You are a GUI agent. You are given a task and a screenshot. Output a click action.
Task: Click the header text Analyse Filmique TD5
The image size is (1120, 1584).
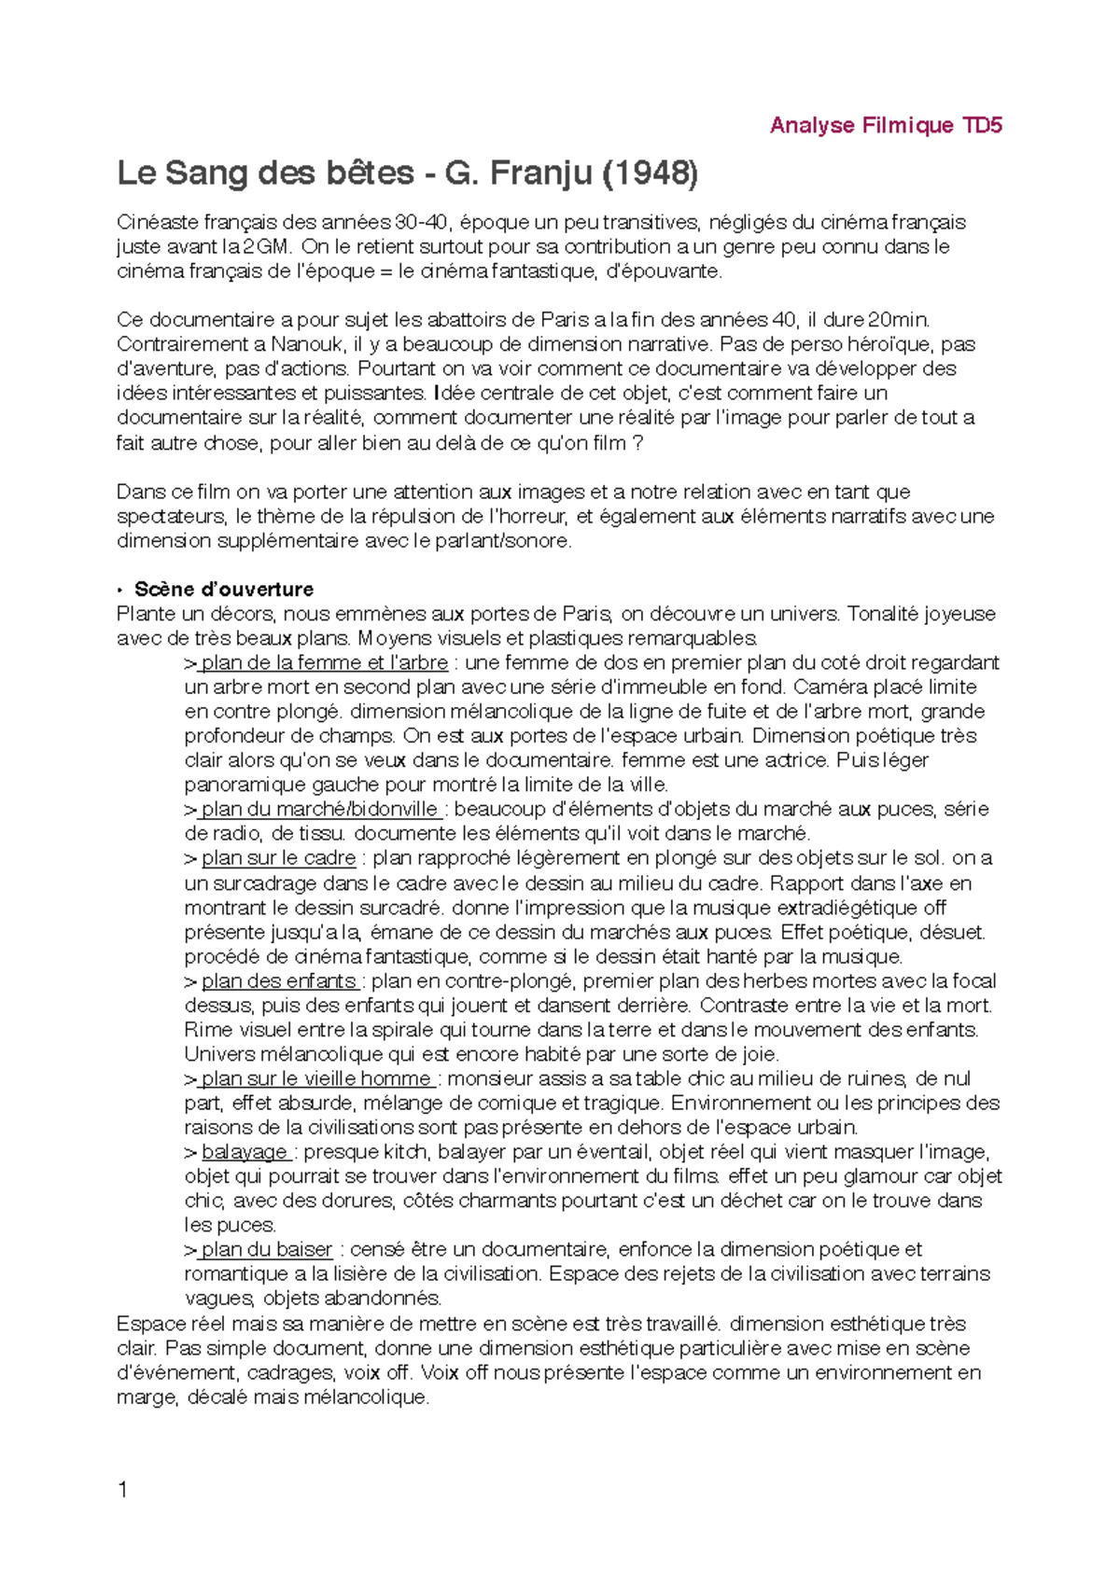pyautogui.click(x=885, y=125)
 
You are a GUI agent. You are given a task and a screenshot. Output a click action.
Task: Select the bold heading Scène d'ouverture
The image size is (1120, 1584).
pyautogui.click(x=224, y=589)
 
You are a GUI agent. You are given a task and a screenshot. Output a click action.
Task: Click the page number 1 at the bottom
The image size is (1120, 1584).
pyautogui.click(x=123, y=1490)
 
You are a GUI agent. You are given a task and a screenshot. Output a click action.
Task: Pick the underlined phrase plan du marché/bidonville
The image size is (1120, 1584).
pyautogui.click(x=319, y=809)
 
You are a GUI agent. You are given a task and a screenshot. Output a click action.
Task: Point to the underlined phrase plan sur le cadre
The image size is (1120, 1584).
pyautogui.click(x=278, y=857)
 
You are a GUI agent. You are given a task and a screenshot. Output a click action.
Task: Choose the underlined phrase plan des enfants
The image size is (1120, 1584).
pyautogui.click(x=279, y=980)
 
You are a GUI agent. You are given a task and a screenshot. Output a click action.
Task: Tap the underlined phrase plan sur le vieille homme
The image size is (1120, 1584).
pyautogui.click(x=315, y=1078)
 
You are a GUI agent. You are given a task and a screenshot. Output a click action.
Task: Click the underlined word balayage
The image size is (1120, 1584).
pyautogui.click(x=244, y=1151)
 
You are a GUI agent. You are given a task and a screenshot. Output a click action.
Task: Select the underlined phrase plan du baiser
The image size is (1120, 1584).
pyautogui.click(x=266, y=1249)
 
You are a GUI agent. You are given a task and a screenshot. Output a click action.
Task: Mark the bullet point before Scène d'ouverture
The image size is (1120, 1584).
pyautogui.click(x=120, y=590)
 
